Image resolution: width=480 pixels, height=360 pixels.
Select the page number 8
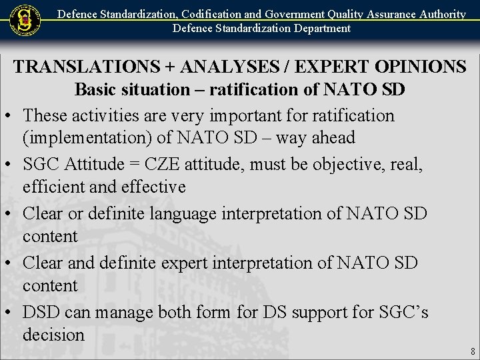click(472, 351)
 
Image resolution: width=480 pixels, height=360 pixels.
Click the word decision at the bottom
click(53, 334)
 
